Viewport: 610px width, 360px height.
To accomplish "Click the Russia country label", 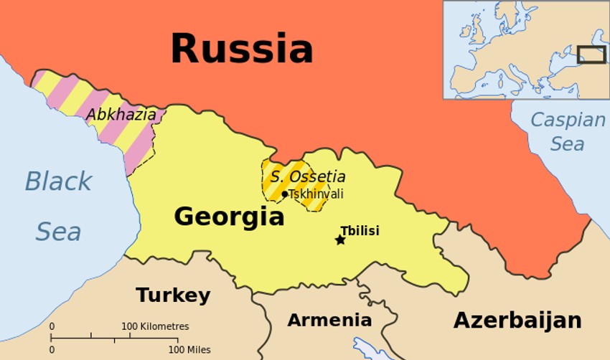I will [x=241, y=49].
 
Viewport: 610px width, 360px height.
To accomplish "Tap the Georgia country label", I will [x=229, y=216].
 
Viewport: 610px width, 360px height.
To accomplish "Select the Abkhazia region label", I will [x=121, y=114].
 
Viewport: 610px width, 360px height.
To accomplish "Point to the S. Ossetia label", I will [x=308, y=176].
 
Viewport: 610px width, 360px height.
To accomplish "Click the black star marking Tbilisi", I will [x=340, y=240].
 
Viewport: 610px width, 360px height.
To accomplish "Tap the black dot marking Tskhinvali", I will [x=285, y=194].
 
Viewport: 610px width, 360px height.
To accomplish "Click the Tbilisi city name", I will [x=360, y=230].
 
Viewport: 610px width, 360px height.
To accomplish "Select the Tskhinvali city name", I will [x=316, y=194].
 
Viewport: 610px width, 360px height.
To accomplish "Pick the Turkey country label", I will [x=173, y=295].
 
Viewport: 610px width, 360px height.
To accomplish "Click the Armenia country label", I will [x=329, y=320].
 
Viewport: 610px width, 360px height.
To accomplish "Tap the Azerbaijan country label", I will [x=517, y=320].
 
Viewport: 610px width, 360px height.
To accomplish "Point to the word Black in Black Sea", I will [x=58, y=181].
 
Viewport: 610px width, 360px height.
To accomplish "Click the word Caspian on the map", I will [x=568, y=120].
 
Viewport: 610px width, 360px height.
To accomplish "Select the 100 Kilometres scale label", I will [x=155, y=326].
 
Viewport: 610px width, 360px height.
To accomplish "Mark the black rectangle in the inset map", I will [x=592, y=55].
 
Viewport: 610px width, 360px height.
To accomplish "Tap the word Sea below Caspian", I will [x=567, y=143].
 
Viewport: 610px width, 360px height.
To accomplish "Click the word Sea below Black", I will [x=58, y=232].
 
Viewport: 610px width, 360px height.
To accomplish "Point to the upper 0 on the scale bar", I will [x=52, y=326].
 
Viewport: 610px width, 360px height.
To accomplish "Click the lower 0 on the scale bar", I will [x=52, y=349].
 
